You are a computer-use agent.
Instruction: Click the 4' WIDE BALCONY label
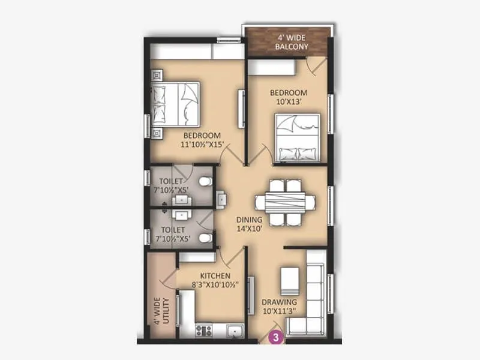pos(292,41)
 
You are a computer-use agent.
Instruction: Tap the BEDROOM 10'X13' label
pos(288,97)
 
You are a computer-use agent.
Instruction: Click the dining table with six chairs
pos(285,202)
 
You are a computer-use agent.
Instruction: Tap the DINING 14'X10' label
pos(248,224)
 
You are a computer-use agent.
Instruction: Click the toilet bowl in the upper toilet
pos(205,181)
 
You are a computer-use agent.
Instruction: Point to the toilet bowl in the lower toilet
pos(205,238)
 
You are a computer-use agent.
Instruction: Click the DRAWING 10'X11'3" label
pos(278,306)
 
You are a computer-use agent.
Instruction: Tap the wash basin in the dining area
pos(221,198)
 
